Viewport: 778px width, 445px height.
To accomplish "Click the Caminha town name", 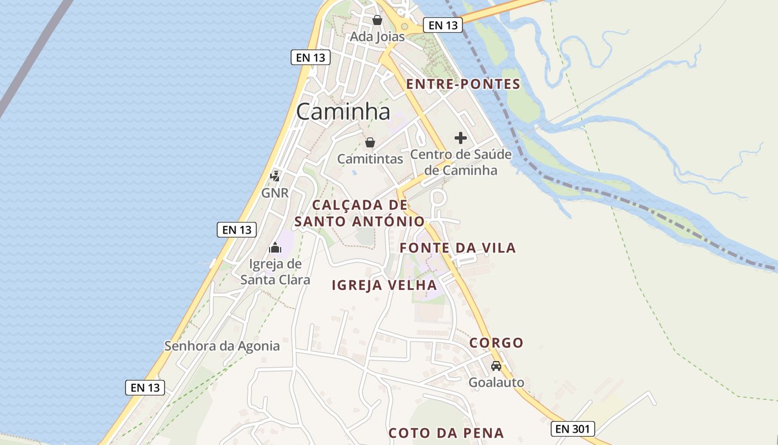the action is [x=343, y=111].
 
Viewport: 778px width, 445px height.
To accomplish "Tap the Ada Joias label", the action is [x=377, y=36].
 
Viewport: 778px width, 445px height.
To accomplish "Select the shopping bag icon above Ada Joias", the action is [x=377, y=20].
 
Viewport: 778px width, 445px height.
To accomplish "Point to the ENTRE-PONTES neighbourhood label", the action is [x=463, y=85].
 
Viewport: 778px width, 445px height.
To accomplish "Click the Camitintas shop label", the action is [x=370, y=159].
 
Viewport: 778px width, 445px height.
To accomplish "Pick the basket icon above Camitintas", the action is [x=370, y=142].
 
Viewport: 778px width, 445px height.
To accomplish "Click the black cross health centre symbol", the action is [x=461, y=137].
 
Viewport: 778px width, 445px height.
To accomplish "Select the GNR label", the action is [x=275, y=193].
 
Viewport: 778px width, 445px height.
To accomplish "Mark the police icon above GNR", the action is [x=275, y=176].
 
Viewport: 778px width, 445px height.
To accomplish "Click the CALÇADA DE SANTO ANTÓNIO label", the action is [x=360, y=213].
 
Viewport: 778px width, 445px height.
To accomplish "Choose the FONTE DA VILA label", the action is [x=458, y=248].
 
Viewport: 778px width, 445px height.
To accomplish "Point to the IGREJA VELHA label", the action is [x=384, y=285].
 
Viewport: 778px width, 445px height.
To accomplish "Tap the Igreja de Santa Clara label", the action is [x=275, y=271].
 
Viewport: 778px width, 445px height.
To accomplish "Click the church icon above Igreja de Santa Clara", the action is [x=275, y=248].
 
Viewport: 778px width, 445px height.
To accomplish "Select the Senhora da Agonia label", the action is [x=222, y=346].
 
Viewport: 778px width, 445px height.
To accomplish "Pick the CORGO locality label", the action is [x=496, y=343].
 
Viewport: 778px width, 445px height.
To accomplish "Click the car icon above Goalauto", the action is [x=496, y=366].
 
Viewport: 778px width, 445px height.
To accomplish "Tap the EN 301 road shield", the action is [x=573, y=429].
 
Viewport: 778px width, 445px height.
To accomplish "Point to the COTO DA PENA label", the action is [x=446, y=433].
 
